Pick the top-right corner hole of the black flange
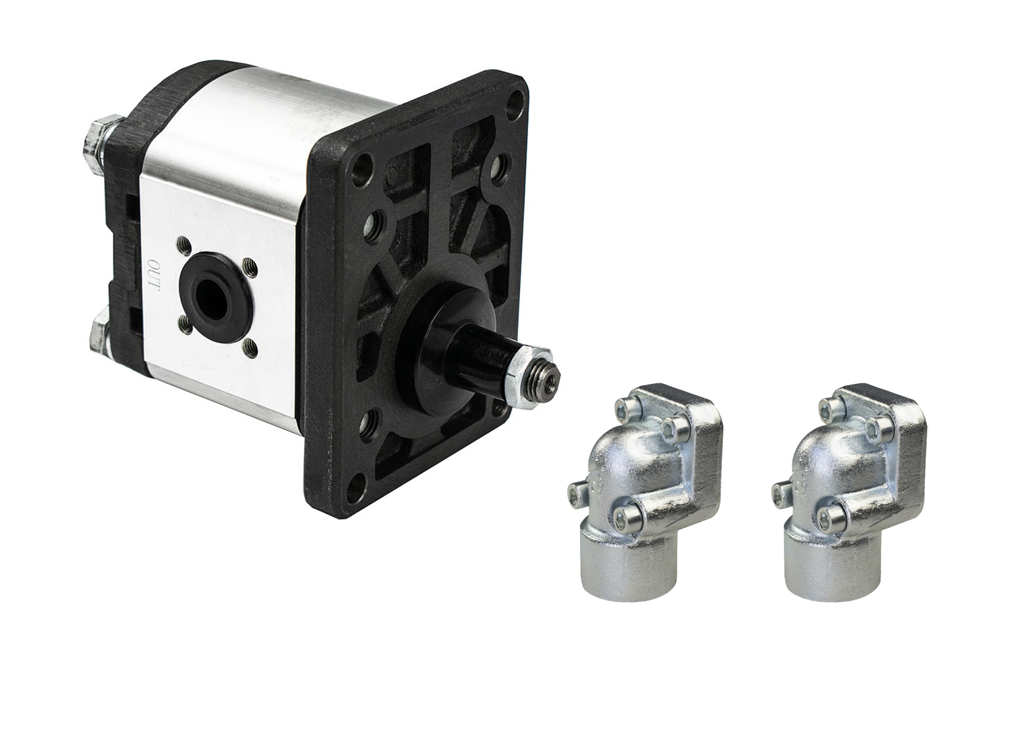516,101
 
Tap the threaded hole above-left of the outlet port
184,247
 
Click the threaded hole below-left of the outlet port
185,324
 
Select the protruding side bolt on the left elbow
577,494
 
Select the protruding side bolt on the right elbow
781,494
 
